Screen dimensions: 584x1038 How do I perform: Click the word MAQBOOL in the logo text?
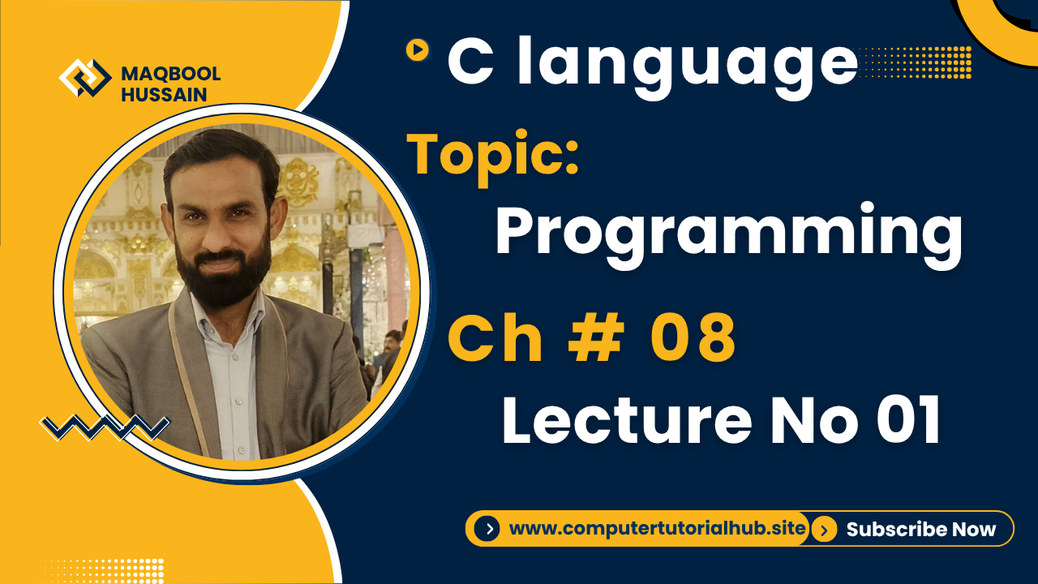pos(170,75)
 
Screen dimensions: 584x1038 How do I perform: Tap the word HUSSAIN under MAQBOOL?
pos(163,95)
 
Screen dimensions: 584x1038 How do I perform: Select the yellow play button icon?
pos(417,50)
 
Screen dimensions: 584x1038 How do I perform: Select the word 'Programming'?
pos(728,235)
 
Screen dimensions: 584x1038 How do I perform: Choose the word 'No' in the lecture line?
pos(798,421)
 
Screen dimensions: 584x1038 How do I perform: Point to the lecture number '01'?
pos(899,421)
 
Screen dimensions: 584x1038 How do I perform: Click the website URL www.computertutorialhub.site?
pos(657,530)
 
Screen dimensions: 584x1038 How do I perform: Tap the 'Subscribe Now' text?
pos(920,530)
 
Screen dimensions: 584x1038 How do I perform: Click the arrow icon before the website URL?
pos(487,530)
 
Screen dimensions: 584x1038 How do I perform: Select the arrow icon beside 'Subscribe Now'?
pos(824,530)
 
